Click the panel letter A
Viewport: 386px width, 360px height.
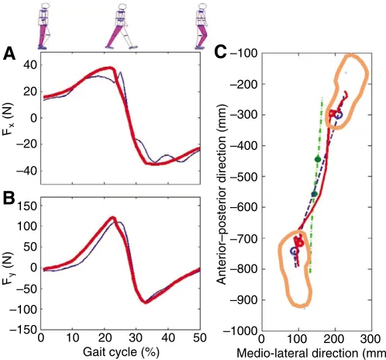click(x=9, y=54)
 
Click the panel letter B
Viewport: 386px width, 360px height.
click(x=9, y=198)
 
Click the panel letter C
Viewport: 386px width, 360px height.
click(x=220, y=53)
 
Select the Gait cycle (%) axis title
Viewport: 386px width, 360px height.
click(x=121, y=352)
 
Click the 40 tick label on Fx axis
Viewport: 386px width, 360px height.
click(x=29, y=65)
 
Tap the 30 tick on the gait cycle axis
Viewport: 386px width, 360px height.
click(x=136, y=338)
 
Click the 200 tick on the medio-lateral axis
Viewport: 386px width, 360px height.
click(x=335, y=339)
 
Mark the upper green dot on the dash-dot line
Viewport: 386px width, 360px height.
click(x=318, y=159)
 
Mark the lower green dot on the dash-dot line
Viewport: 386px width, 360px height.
click(x=315, y=194)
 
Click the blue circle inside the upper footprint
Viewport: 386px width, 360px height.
click(x=338, y=115)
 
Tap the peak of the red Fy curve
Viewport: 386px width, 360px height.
click(x=112, y=217)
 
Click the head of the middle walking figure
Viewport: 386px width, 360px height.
click(x=122, y=7)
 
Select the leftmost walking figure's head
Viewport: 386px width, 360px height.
click(x=46, y=5)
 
